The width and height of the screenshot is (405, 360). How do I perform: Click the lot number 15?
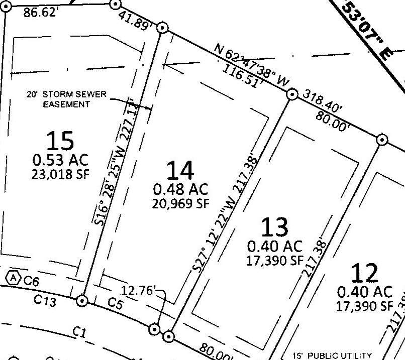[60, 141]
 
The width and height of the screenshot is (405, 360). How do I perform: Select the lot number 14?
[180, 171]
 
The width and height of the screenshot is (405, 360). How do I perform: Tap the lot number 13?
[274, 227]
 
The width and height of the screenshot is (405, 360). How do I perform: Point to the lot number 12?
[364, 274]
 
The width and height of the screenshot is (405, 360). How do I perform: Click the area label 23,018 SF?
[60, 174]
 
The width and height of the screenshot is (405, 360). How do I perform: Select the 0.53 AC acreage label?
[60, 160]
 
